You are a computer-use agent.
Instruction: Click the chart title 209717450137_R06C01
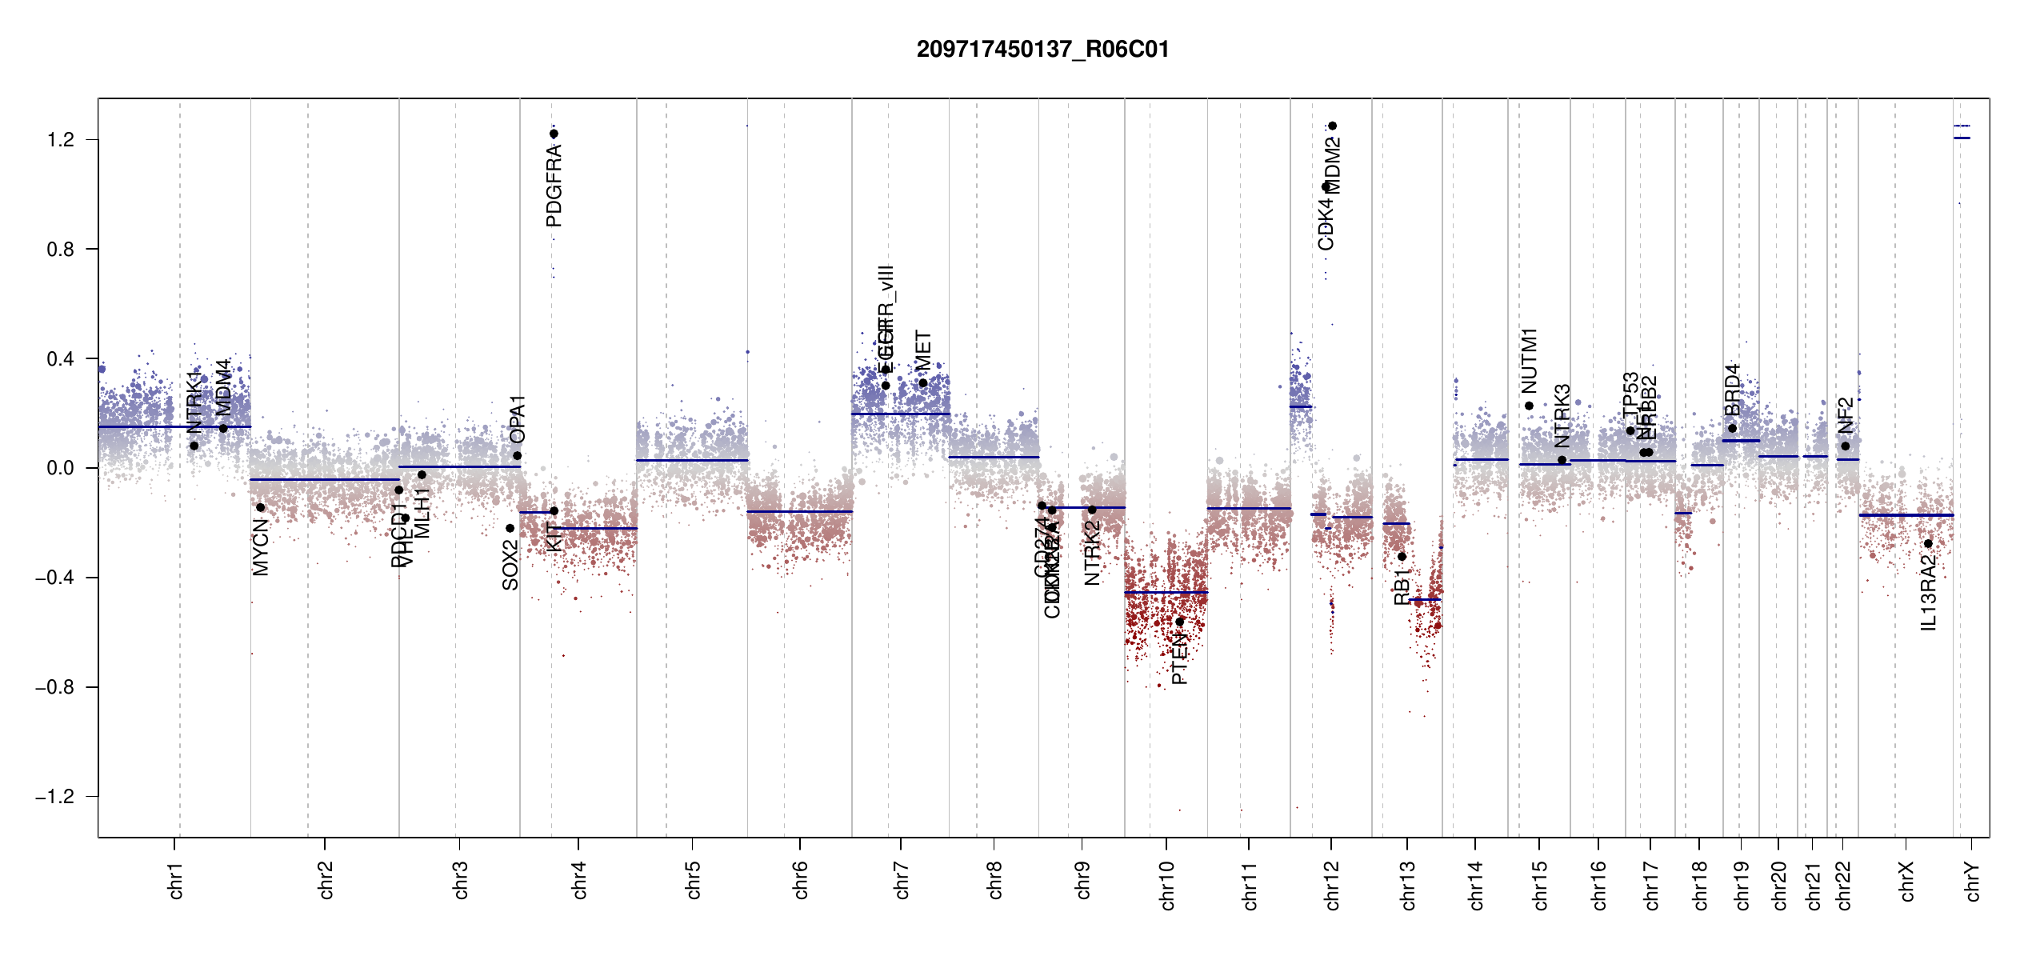click(x=1042, y=50)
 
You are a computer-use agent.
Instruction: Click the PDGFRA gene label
click(x=554, y=186)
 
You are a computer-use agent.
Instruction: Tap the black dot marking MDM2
click(x=1333, y=126)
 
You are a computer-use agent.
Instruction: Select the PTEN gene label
click(x=1179, y=658)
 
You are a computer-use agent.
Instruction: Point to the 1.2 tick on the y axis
click(x=61, y=140)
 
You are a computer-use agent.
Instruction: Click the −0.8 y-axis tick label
click(x=54, y=687)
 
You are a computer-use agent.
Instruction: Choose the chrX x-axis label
click(x=1906, y=882)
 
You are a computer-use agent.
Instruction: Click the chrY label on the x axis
click(x=1973, y=882)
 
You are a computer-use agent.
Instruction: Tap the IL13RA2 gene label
click(x=1929, y=593)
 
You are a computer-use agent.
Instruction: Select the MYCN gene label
click(x=261, y=547)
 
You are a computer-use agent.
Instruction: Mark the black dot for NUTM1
click(x=1530, y=406)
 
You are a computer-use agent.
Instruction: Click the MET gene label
click(x=923, y=351)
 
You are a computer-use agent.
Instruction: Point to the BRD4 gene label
click(x=1733, y=390)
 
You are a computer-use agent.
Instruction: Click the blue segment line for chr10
click(x=1166, y=593)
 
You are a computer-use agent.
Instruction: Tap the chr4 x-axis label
click(x=579, y=881)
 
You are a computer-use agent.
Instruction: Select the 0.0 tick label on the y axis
click(x=61, y=468)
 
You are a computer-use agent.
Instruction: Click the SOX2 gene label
click(x=510, y=566)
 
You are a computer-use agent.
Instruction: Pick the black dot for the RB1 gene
click(x=1402, y=557)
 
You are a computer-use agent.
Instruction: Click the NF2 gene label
click(x=1846, y=416)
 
